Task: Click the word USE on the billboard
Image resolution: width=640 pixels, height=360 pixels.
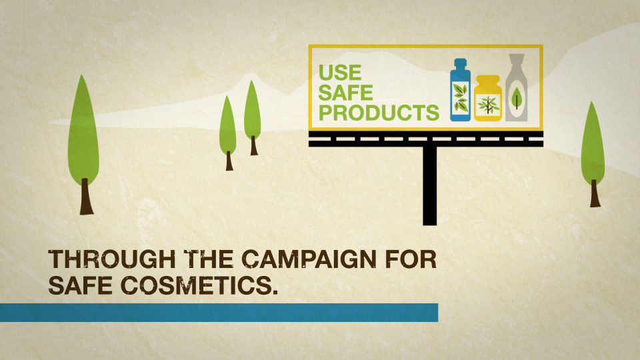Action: point(340,73)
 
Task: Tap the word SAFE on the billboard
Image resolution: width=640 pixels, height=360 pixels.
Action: point(346,93)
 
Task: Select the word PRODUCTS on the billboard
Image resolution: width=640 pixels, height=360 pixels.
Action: point(379,113)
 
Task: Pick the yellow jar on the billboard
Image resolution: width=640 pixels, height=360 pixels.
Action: point(488,99)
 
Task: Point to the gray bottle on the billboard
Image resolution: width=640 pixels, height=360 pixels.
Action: point(516,88)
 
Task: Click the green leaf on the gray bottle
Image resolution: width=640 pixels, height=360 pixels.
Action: point(516,99)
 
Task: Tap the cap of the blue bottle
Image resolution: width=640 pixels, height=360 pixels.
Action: point(460,64)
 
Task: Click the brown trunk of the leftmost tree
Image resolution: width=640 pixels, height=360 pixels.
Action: point(86,196)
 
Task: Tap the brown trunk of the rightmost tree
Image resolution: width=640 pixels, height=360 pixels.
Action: point(595,193)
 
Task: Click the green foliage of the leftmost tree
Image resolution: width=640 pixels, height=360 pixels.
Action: point(83,130)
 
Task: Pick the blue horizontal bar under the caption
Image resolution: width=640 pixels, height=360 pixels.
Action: point(219,313)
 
